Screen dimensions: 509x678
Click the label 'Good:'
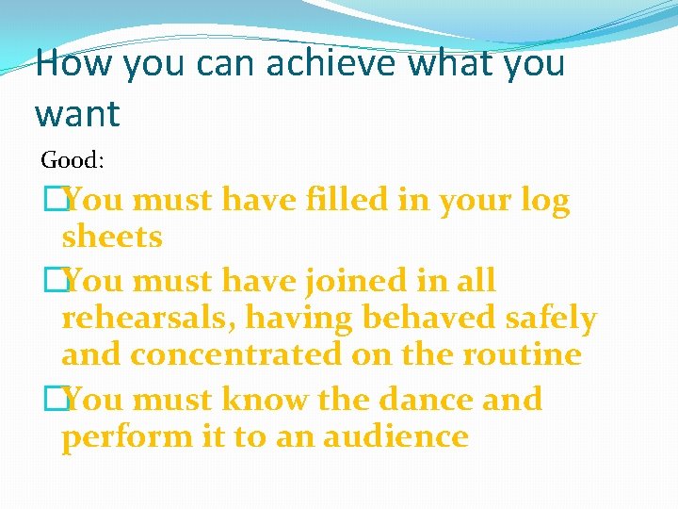tap(73, 160)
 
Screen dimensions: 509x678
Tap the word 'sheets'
tap(112, 238)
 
